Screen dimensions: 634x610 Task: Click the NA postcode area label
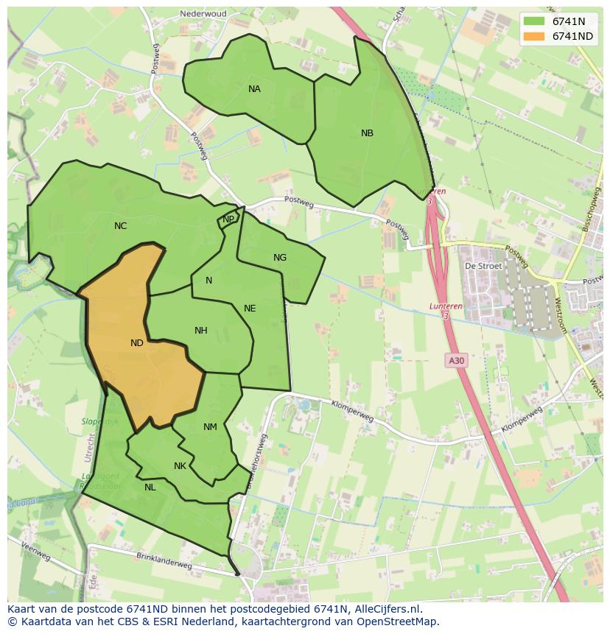point(254,89)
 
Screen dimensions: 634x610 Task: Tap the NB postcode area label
point(367,133)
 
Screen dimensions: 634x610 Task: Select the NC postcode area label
point(121,226)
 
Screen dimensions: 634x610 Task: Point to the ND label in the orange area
point(137,343)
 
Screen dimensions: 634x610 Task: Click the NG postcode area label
point(280,258)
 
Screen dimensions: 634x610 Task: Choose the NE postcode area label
point(250,309)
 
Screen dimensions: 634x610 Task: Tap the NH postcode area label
point(201,331)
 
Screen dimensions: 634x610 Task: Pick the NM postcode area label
point(210,427)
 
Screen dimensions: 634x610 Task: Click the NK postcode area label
point(180,466)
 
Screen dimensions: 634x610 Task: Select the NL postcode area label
point(150,487)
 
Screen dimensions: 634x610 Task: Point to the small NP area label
point(228,219)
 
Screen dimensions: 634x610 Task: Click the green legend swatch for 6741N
point(534,21)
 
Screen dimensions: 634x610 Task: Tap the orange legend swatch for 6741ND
point(534,36)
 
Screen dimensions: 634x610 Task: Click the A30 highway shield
point(456,360)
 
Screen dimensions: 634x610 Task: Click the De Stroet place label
point(483,266)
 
